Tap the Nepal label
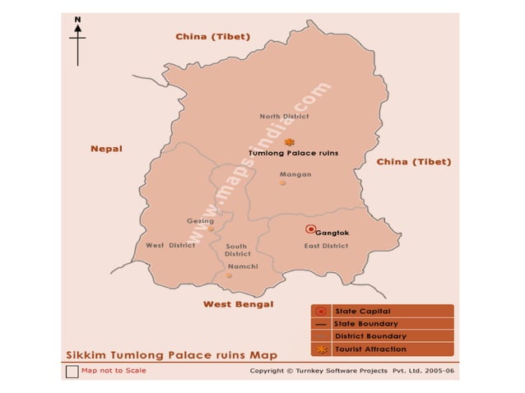[106, 149]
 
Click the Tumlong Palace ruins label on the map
[294, 153]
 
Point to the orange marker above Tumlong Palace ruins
[288, 142]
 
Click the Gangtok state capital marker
[309, 229]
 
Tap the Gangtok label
[332, 233]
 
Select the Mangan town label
[295, 174]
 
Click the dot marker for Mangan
[282, 183]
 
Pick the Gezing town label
[201, 220]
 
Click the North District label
[284, 117]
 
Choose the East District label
[326, 246]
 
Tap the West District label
[170, 245]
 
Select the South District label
[237, 250]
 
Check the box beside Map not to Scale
[71, 371]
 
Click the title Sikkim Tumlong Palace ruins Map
[171, 355]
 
